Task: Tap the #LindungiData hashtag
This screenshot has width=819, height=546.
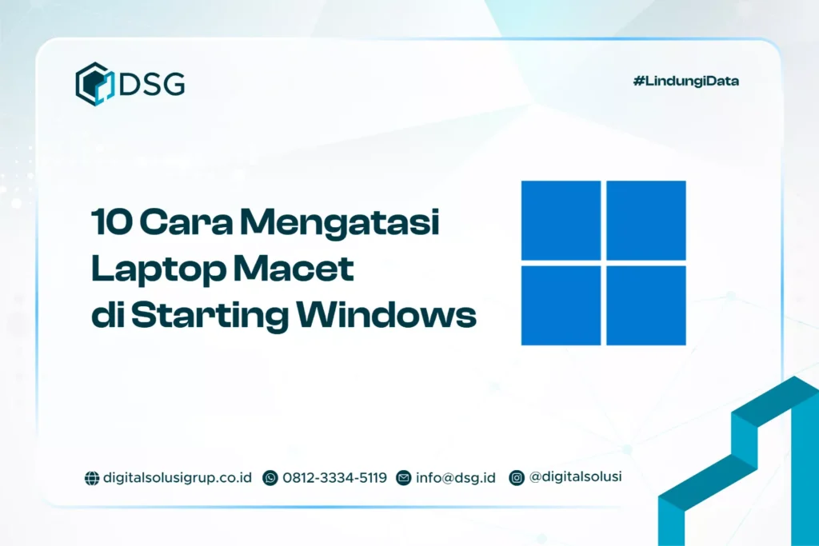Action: tap(685, 81)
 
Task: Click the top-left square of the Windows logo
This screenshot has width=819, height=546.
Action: tap(561, 220)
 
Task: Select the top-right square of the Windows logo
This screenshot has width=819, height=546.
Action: tap(646, 220)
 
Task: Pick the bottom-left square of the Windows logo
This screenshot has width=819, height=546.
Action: tap(561, 305)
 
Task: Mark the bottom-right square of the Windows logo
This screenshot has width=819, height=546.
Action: tap(646, 305)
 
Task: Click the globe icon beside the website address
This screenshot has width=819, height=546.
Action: tap(91, 478)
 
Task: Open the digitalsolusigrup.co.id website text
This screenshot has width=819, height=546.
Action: tap(178, 478)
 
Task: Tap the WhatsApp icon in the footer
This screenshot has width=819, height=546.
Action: tap(270, 478)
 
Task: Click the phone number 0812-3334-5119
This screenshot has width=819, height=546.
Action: tap(334, 478)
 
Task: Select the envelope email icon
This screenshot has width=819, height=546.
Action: tap(404, 478)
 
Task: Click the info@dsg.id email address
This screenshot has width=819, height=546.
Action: tap(455, 478)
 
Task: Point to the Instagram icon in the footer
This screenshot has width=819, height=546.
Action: tap(517, 478)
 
